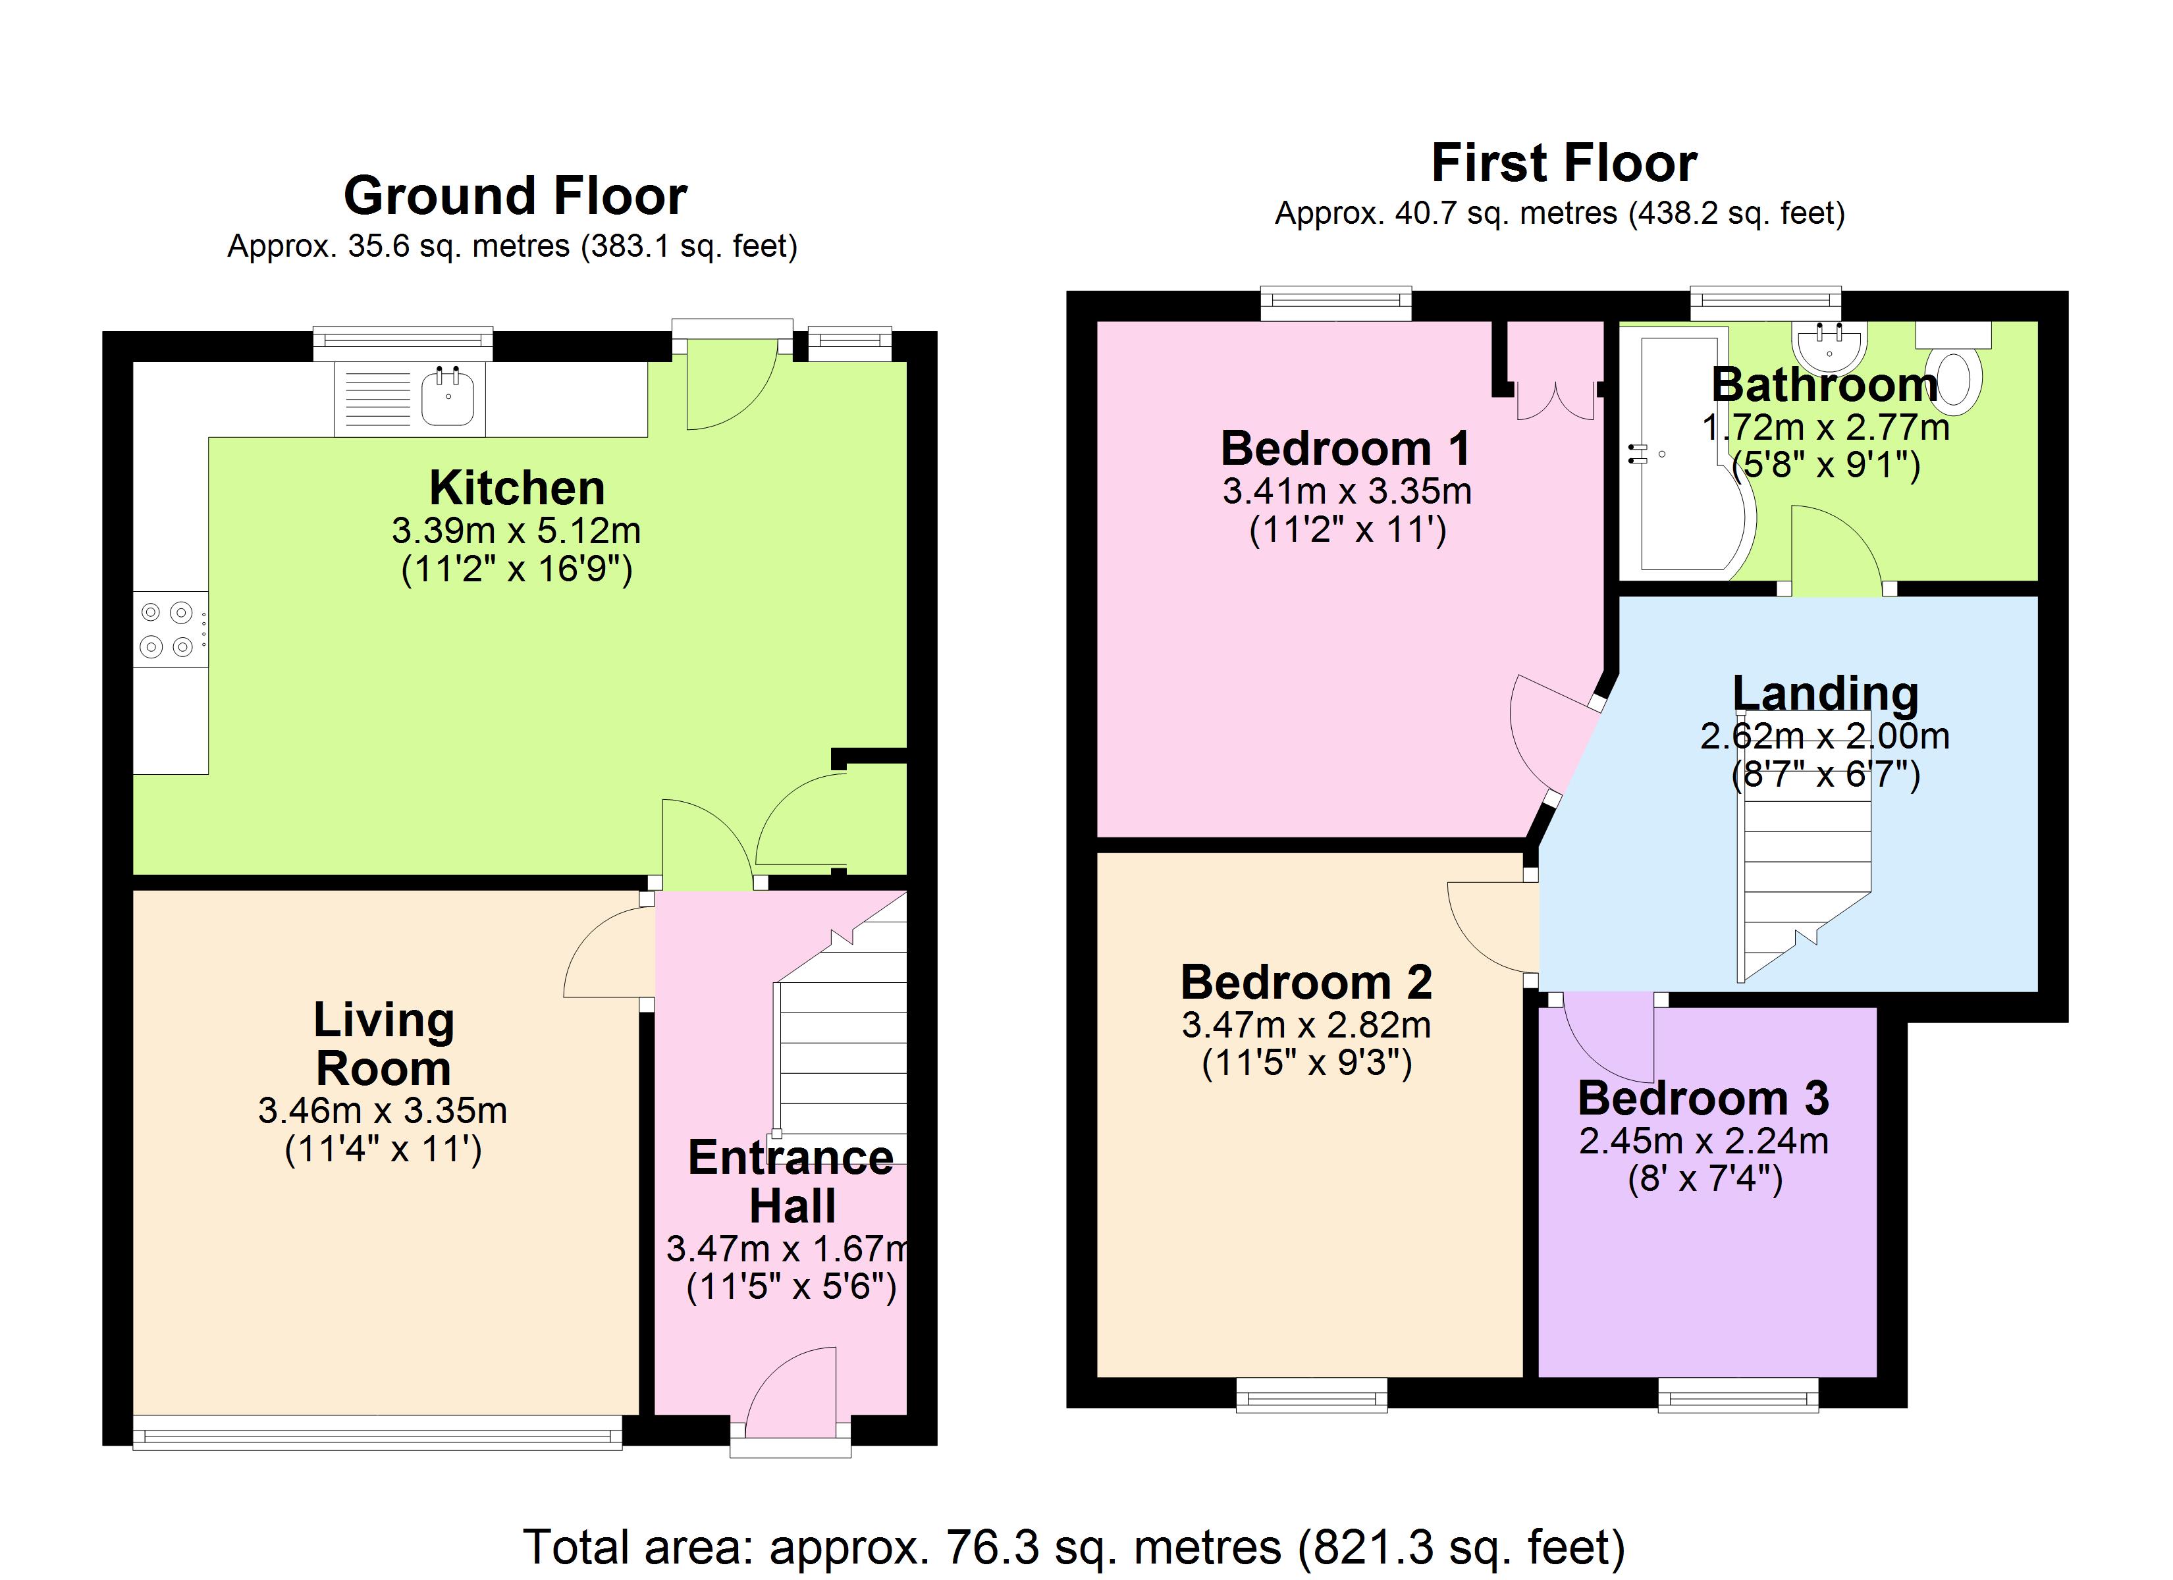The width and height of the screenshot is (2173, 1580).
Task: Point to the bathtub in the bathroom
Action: tap(1690, 453)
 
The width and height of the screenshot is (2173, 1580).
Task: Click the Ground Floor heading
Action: tap(516, 196)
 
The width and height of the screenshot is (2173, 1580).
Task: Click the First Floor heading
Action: tap(1564, 163)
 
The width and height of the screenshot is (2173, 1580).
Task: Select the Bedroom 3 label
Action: tap(1704, 1098)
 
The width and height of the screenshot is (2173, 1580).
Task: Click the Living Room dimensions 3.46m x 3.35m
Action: tap(383, 1111)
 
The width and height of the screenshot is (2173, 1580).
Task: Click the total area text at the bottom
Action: tap(1074, 1548)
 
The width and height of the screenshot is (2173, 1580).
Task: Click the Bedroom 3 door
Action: tap(1609, 1039)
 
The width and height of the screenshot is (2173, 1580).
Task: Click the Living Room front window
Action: tap(377, 1433)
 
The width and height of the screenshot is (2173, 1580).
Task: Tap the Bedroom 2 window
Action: tap(1312, 1395)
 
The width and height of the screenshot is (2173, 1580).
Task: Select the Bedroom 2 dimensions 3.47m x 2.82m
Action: tap(1306, 1025)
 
